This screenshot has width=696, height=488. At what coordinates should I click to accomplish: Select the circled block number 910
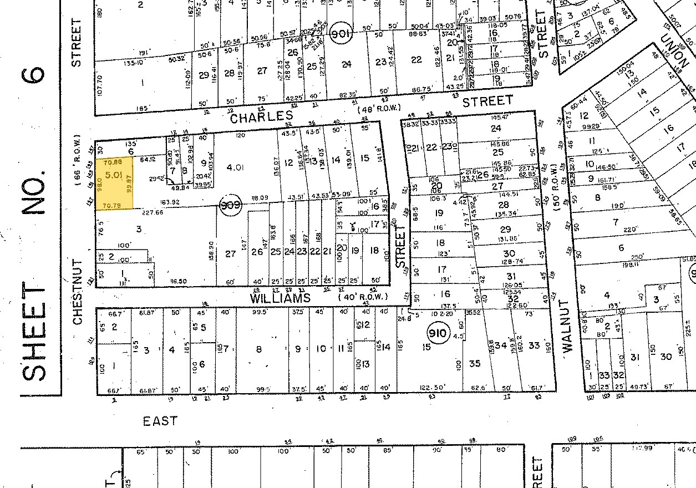[436, 333]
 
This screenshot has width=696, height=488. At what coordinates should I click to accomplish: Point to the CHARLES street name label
[261, 117]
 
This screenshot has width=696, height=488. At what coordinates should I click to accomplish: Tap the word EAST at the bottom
[160, 421]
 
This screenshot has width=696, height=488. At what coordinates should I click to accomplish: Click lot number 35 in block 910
[474, 364]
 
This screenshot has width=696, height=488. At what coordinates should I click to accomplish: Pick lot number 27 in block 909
[230, 254]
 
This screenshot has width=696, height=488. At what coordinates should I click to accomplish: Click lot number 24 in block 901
[347, 64]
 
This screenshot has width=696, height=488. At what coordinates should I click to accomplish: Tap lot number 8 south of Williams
[258, 349]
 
